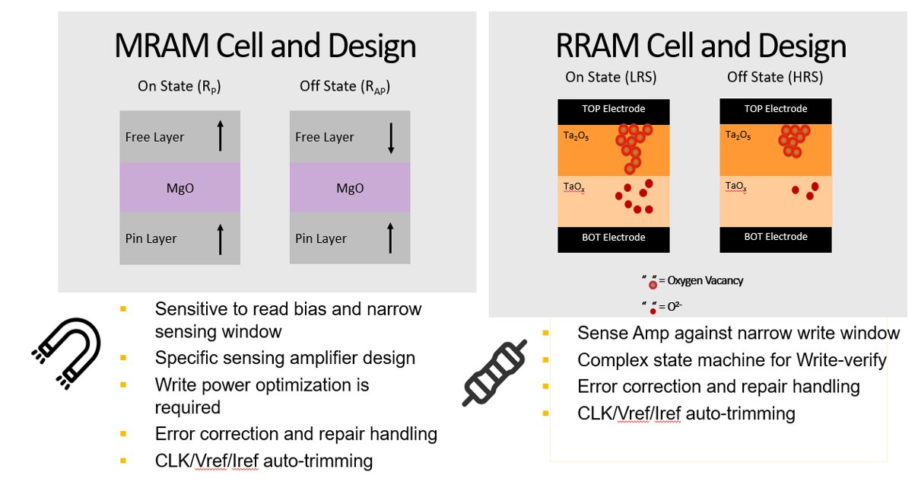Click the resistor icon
click(495, 372)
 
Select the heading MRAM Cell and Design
click(265, 46)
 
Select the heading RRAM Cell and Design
click(700, 46)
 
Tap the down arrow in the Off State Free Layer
click(390, 137)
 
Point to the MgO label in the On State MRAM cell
click(179, 187)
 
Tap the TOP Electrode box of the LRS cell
click(613, 109)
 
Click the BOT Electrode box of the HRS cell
click(775, 237)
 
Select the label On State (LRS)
click(610, 77)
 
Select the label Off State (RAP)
click(345, 86)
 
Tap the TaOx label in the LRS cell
click(573, 186)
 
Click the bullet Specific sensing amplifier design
click(284, 358)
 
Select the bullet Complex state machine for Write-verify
click(732, 359)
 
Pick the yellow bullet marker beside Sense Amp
click(546, 333)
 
